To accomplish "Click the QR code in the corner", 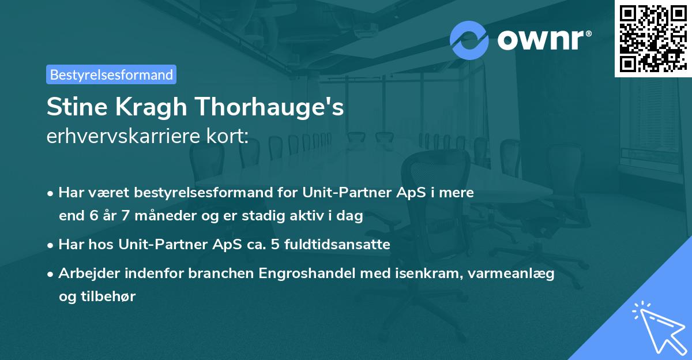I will coord(653,39).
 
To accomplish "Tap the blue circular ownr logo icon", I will coord(469,40).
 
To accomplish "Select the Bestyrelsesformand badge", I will coord(111,74).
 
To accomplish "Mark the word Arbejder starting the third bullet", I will coord(85,273).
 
